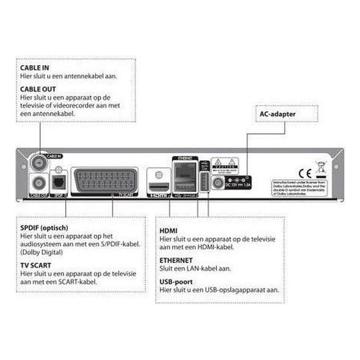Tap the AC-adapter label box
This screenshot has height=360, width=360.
tap(277, 113)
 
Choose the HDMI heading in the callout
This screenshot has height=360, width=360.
tap(169, 231)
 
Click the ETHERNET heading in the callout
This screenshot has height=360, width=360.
tap(176, 260)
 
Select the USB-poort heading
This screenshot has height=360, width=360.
tap(176, 282)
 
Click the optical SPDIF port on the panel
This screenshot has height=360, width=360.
tap(59, 182)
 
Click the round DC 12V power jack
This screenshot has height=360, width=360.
tap(217, 183)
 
